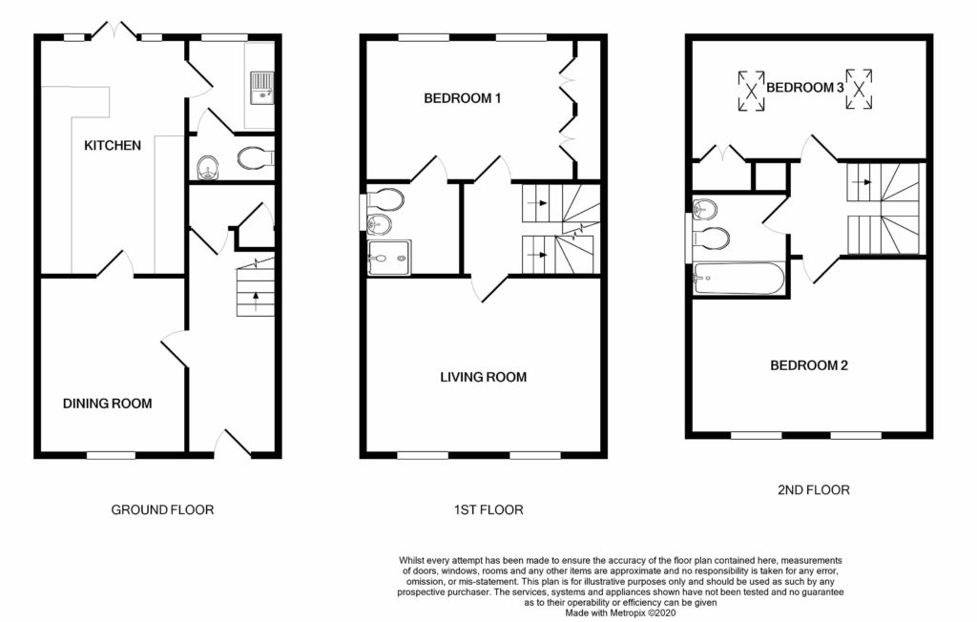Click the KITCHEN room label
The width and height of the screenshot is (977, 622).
coord(113,145)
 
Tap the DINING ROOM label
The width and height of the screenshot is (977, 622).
coord(107,404)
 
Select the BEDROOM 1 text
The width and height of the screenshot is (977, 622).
coord(463,98)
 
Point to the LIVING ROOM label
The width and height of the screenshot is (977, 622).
coord(483,377)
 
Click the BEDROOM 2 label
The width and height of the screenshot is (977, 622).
coord(809,365)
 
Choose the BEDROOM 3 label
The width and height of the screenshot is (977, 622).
coord(804,87)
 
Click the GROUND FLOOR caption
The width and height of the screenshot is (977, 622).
coord(162,509)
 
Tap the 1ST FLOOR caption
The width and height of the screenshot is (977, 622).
coord(488,509)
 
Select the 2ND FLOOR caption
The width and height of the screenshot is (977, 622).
coord(813,489)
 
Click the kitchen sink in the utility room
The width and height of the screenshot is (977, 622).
coord(261,87)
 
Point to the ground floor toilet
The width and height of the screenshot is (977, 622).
coord(255,157)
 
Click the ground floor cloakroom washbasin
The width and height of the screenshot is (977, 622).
coord(205,167)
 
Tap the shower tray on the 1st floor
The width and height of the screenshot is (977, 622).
coord(389,258)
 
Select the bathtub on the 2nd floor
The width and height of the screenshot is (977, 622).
coord(738,278)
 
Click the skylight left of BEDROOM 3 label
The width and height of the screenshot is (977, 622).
coord(752,91)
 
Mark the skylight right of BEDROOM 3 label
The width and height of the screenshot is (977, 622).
coord(859,90)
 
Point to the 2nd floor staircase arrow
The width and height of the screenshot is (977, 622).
coord(863,182)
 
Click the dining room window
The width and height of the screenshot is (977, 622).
coord(111,456)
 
